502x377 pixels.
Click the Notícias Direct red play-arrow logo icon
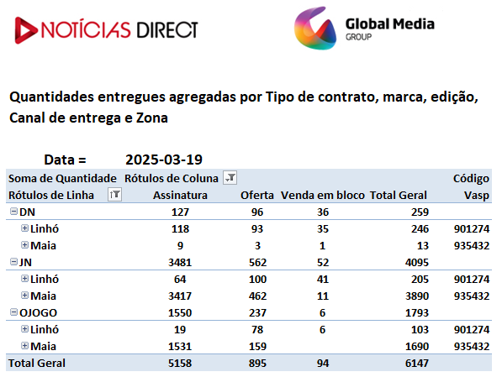(x=25, y=30)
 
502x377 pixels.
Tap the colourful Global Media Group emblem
(x=315, y=29)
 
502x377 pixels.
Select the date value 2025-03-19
(x=164, y=160)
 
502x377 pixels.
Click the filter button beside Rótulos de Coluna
(x=230, y=177)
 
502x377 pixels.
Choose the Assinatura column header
(x=180, y=195)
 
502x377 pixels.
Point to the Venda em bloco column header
(x=323, y=195)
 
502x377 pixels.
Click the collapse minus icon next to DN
(x=13, y=211)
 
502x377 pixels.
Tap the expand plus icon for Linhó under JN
(x=24, y=278)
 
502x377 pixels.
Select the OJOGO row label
(x=38, y=312)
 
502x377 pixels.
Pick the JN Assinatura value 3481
(x=180, y=263)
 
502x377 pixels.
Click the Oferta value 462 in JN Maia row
(x=257, y=296)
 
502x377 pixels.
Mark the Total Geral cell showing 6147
(x=417, y=364)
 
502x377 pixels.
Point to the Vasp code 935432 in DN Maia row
(x=472, y=245)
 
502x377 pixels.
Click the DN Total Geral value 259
(x=420, y=212)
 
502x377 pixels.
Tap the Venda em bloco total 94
(x=323, y=364)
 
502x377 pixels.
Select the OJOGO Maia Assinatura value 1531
(x=180, y=346)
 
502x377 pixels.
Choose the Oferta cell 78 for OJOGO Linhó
(x=257, y=330)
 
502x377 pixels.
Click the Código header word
(x=471, y=179)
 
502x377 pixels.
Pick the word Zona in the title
(x=152, y=118)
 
